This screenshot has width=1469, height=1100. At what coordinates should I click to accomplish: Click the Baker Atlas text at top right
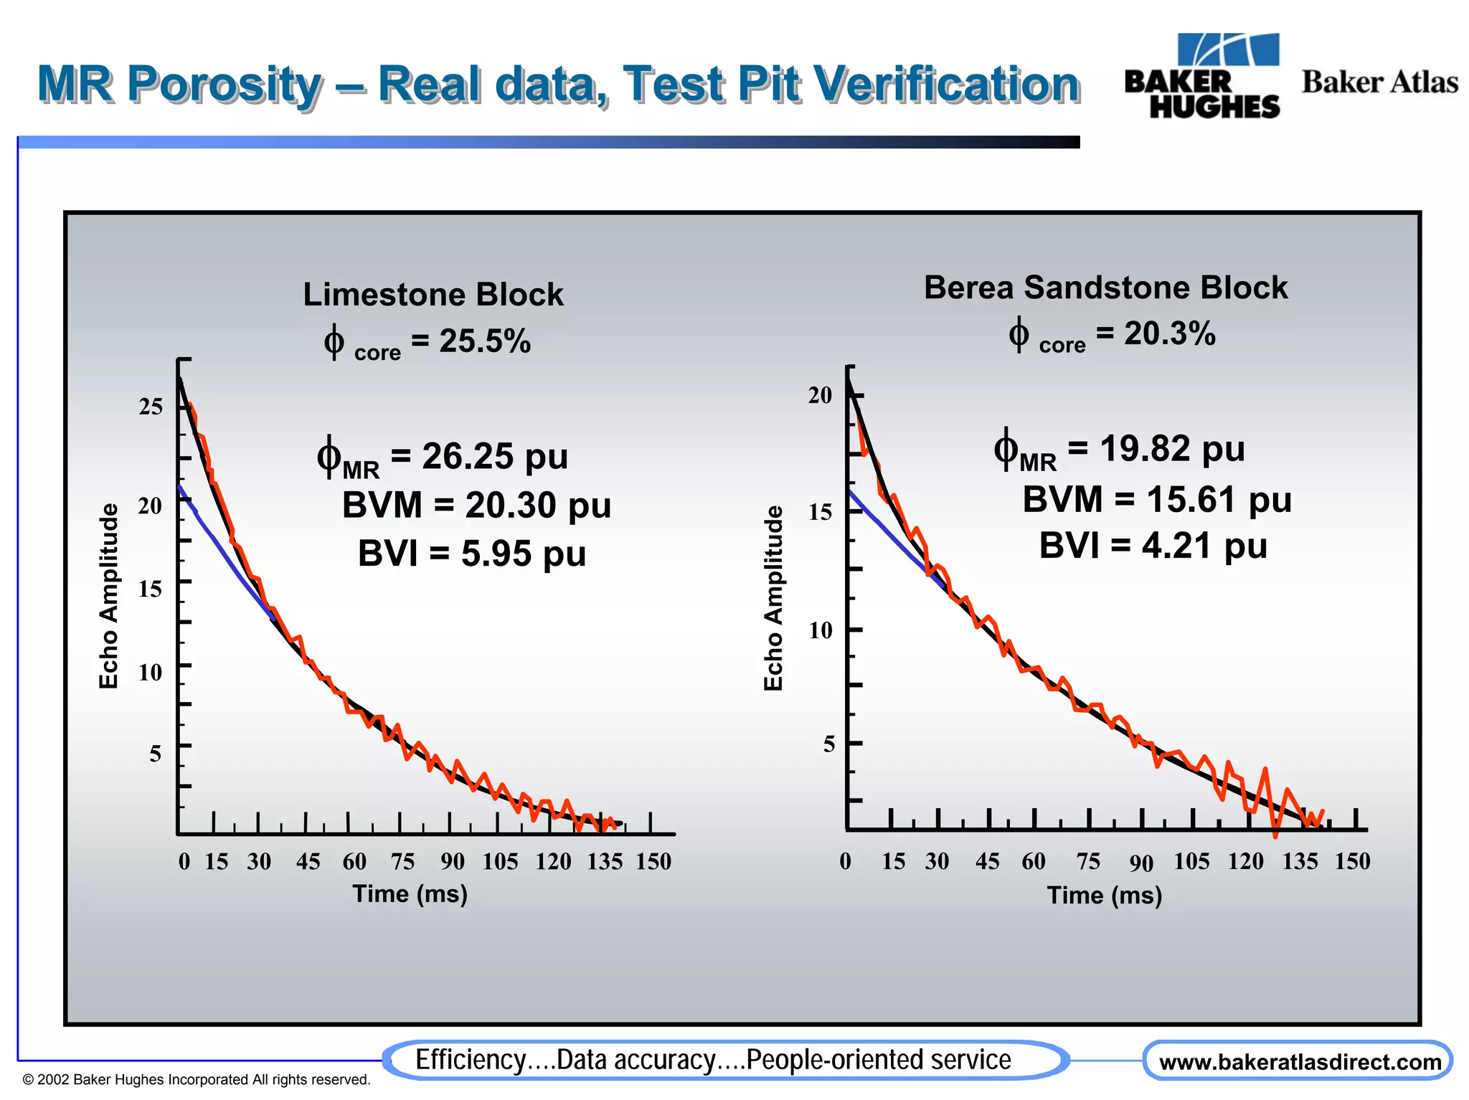(x=1379, y=82)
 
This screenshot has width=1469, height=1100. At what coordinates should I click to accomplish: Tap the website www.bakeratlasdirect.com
(x=1299, y=1062)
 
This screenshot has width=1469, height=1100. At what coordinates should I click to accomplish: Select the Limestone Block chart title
(x=433, y=295)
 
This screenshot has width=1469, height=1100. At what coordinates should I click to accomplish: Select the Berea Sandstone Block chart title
(x=1105, y=288)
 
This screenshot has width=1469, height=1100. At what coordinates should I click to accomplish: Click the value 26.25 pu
(x=495, y=457)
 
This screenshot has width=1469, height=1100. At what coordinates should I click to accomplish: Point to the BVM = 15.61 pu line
(x=1156, y=499)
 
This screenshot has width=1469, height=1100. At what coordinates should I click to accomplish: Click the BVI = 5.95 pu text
(x=472, y=554)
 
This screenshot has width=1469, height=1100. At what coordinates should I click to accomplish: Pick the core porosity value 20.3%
(x=1169, y=333)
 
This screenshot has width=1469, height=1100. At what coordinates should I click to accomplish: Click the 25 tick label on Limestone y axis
(x=151, y=407)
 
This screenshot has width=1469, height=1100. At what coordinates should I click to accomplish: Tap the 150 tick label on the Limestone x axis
(x=653, y=861)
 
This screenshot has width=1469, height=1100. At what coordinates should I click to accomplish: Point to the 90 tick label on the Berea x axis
(x=1141, y=863)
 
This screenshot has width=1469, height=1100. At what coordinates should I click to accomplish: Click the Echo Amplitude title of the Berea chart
(x=773, y=597)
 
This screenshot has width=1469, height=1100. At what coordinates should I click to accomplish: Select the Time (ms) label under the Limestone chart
(x=410, y=894)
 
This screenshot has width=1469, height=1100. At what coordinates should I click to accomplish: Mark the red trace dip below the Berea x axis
(x=1275, y=832)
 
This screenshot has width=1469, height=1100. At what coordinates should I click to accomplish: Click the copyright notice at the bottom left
(x=196, y=1080)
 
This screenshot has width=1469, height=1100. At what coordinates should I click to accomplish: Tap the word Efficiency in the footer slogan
(x=471, y=1060)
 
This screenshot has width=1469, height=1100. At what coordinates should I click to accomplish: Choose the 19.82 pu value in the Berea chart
(x=1172, y=450)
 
